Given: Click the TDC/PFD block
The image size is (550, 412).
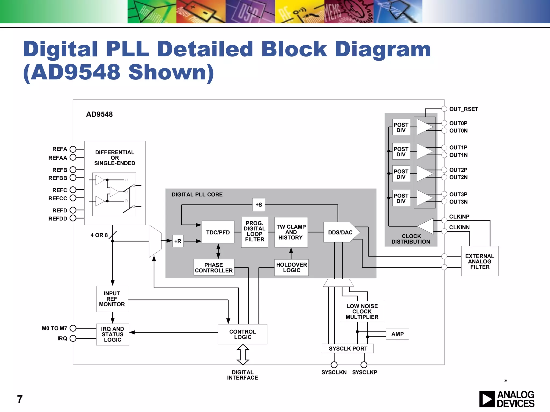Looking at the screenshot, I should pyautogui.click(x=218, y=232).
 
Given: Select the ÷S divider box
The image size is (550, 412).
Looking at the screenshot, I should pyautogui.click(x=259, y=205).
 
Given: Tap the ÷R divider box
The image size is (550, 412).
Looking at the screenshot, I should pyautogui.click(x=178, y=241).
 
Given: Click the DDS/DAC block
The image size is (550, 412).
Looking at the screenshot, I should pyautogui.click(x=340, y=232).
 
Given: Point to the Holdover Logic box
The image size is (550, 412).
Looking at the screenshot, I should pyautogui.click(x=291, y=267).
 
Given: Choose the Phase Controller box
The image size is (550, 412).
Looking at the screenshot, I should pyautogui.click(x=214, y=267).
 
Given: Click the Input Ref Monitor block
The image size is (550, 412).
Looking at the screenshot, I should pyautogui.click(x=112, y=299).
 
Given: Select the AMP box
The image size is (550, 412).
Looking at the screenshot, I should pyautogui.click(x=397, y=334).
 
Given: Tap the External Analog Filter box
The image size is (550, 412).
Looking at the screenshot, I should pyautogui.click(x=480, y=261).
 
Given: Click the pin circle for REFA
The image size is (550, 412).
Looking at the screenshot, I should pyautogui.click(x=73, y=149).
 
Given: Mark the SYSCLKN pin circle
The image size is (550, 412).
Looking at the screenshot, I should pyautogui.click(x=334, y=365).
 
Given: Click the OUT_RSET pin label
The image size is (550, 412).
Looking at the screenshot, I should pyautogui.click(x=464, y=109).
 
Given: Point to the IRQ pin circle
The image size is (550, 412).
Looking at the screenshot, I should pyautogui.click(x=73, y=339).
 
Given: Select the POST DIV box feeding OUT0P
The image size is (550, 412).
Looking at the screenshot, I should pyautogui.click(x=401, y=127).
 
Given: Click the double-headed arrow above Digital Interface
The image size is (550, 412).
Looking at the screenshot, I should pyautogui.click(x=243, y=354).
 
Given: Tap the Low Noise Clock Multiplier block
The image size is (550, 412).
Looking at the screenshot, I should pyautogui.click(x=362, y=311).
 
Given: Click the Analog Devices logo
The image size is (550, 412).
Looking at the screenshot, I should pyautogui.click(x=506, y=399).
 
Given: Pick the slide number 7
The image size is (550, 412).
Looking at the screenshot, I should pyautogui.click(x=20, y=399).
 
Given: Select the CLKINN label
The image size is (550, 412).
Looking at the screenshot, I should pyautogui.click(x=459, y=227).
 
